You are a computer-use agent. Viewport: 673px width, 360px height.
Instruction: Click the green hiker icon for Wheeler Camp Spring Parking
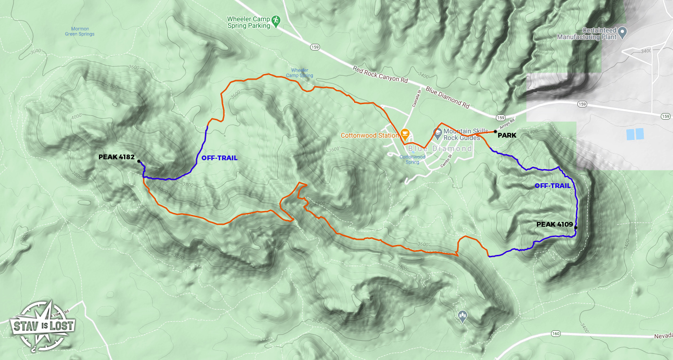coord(276,20)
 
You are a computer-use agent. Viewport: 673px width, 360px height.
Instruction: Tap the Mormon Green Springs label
coord(80,31)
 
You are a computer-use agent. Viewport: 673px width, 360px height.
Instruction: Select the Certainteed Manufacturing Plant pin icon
coord(622,33)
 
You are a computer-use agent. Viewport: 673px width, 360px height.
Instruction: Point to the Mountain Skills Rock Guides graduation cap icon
coord(437,133)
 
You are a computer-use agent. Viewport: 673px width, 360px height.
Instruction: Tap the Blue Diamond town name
coord(440,148)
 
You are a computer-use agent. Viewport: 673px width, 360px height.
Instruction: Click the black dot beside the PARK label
coord(494,132)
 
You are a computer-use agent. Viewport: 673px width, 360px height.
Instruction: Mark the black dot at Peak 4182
coord(139,161)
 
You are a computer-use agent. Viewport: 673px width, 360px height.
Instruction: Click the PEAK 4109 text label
coord(554,224)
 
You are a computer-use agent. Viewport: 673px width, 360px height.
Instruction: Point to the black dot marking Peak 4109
coord(576,228)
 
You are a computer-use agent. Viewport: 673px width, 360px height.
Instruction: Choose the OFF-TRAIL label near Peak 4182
coord(219,158)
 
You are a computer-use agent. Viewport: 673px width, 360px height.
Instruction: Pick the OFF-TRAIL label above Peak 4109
coord(553,186)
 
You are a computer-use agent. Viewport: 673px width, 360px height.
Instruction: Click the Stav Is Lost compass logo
coord(42,325)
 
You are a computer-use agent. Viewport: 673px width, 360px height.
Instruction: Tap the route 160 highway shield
coord(556,334)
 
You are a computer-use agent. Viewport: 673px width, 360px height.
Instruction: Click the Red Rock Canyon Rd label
coord(380,74)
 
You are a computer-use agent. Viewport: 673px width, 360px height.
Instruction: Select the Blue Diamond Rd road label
coord(447,97)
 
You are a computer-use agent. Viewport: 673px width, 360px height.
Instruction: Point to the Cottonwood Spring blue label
coord(412,159)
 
